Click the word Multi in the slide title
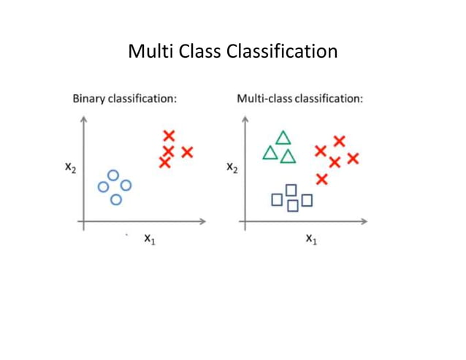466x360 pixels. pyautogui.click(x=149, y=52)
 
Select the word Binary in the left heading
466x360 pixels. pyautogui.click(x=88, y=98)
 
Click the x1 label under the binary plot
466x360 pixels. pyautogui.click(x=149, y=238)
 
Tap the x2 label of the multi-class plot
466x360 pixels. pyautogui.click(x=232, y=168)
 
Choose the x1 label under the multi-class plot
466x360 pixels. pyautogui.click(x=311, y=238)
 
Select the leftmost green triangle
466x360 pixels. pyautogui.click(x=270, y=153)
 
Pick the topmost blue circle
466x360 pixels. pyautogui.click(x=112, y=175)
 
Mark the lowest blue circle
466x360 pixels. pyautogui.click(x=115, y=199)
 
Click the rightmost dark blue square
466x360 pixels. pyautogui.click(x=307, y=199)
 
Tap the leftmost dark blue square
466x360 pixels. pyautogui.click(x=277, y=199)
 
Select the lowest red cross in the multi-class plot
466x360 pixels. pyautogui.click(x=321, y=179)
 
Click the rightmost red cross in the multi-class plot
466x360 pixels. pyautogui.click(x=353, y=158)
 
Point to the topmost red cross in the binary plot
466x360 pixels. pyautogui.click(x=169, y=135)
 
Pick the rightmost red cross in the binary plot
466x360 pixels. pyautogui.click(x=187, y=152)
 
